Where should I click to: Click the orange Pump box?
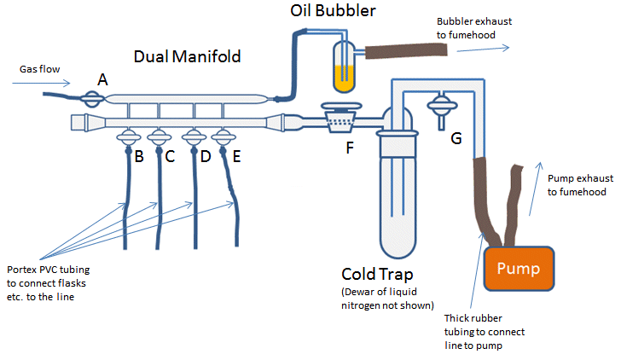pos(519,269)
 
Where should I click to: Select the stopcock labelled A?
pos(92,99)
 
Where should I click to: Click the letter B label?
pos(139,156)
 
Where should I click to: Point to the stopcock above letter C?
pos(160,138)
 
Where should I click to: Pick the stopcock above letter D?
pos(194,138)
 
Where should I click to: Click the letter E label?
pos(236,156)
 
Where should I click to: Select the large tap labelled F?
pos(341,117)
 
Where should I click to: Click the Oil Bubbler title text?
pos(333,11)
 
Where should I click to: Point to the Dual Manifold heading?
pos(188,56)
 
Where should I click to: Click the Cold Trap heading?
pos(377,274)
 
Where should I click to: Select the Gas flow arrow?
pos(41,83)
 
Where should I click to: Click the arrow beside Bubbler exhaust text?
pos(483,49)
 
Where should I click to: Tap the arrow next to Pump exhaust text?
pos(535,189)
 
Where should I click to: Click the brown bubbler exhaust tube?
pos(406,51)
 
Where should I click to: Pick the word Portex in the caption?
pos(21,270)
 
